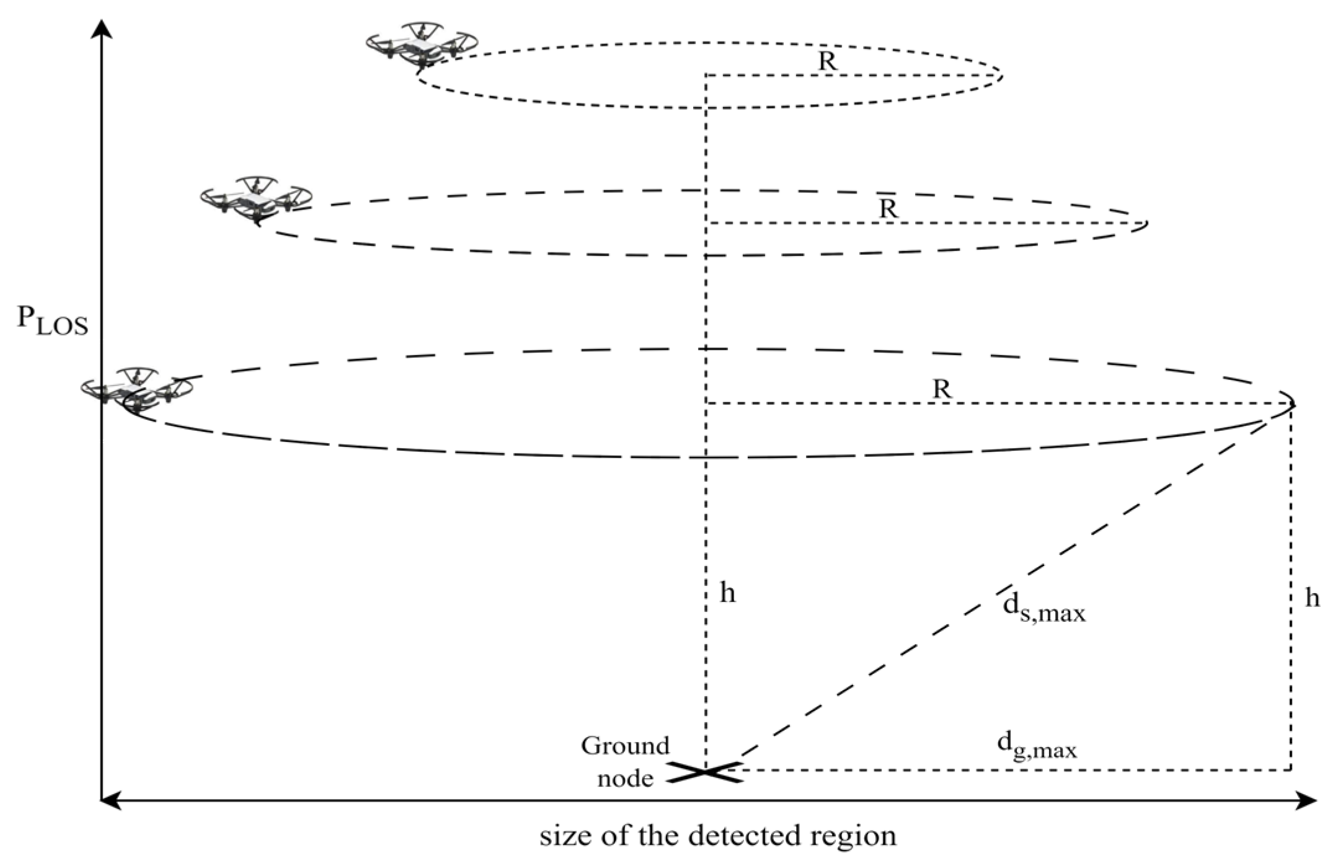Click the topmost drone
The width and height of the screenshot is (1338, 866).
tap(421, 46)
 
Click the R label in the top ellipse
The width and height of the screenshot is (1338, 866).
tap(827, 61)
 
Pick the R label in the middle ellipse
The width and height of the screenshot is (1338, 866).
tap(888, 209)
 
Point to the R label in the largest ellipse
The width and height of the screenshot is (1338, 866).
tap(941, 389)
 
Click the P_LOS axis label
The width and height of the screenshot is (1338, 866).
tap(52, 320)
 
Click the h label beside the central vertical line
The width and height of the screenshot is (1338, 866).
tap(727, 593)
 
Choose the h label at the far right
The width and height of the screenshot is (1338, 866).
tap(1312, 598)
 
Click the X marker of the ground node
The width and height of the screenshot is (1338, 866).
tap(704, 772)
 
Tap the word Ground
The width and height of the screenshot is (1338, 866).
tap(624, 746)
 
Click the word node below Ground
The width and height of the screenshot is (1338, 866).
tap(624, 778)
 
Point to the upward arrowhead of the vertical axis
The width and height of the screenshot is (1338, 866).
tap(102, 28)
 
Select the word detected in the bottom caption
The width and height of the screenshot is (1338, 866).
tap(739, 836)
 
